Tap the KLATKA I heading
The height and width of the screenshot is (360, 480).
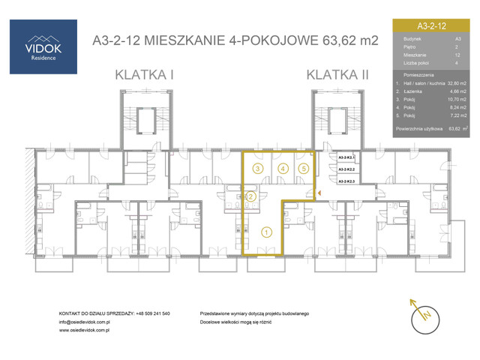click(144, 74)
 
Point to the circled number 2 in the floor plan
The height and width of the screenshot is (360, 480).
click(251, 196)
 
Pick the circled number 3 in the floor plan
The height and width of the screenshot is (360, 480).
click(257, 169)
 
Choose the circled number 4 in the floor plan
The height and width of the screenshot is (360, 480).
click(282, 169)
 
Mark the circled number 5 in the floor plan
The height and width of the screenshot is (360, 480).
click(302, 169)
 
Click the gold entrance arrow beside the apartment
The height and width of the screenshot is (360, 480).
click(319, 195)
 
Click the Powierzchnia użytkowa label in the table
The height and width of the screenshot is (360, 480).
click(418, 129)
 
